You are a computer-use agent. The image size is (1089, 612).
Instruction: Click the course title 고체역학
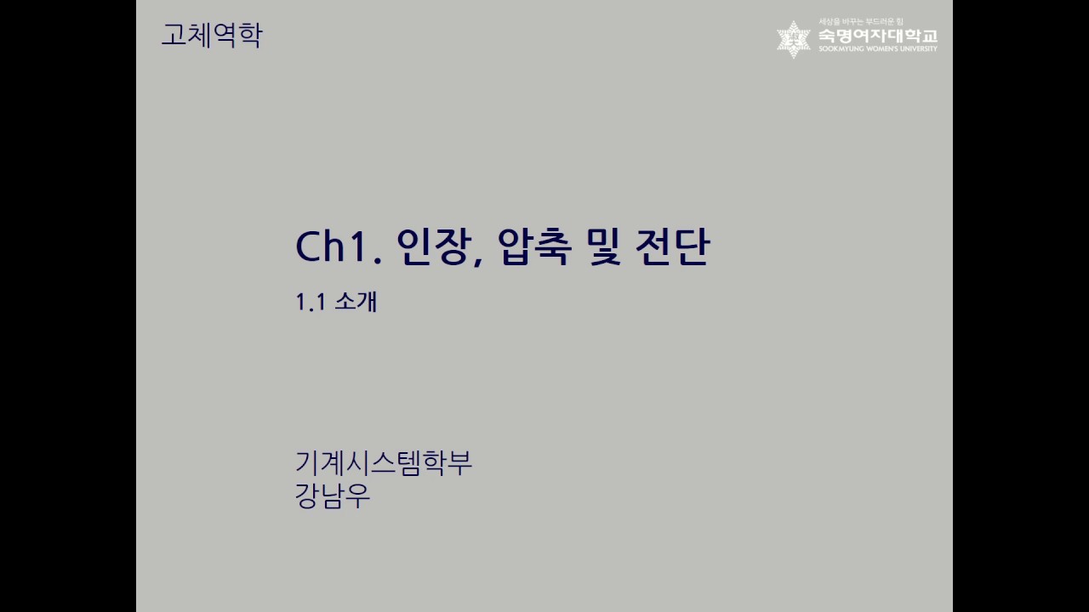(212, 36)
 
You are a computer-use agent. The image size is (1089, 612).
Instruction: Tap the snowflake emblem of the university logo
(794, 39)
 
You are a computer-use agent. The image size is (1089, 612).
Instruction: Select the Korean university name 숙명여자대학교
(877, 36)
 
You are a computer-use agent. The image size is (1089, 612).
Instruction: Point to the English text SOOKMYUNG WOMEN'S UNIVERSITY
(877, 49)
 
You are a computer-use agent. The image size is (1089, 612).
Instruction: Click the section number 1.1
(311, 302)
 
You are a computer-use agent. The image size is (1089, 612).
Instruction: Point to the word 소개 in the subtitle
(356, 302)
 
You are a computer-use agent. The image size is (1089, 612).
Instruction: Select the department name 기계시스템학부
(383, 463)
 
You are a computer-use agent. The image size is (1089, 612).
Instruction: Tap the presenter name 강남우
(333, 496)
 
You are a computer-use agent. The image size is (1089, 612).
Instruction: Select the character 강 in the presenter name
(307, 496)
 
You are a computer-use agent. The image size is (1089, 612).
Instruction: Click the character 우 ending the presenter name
(358, 496)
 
